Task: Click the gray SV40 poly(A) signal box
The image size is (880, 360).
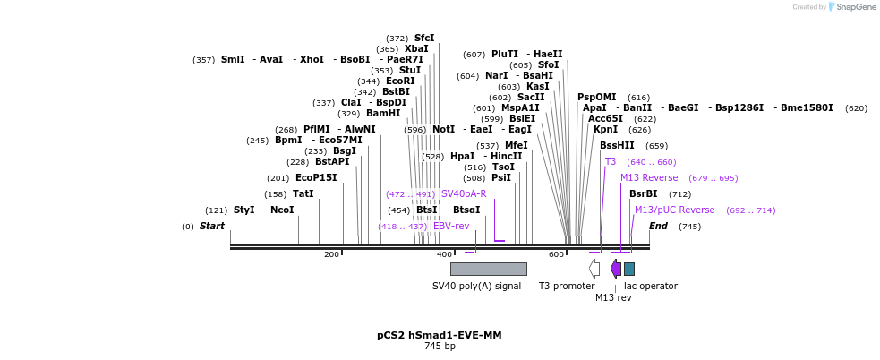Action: point(488,269)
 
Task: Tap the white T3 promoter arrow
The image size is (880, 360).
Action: point(594,268)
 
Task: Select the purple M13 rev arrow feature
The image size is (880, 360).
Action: point(616,268)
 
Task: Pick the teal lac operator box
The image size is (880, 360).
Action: point(629,269)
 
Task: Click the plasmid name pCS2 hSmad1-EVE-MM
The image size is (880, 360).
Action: point(439,335)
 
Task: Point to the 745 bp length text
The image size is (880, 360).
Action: point(440,347)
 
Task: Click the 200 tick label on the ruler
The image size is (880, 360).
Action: point(332,255)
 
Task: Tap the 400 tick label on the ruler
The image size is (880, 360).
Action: point(444,255)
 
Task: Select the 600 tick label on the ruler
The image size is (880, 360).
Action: point(557,255)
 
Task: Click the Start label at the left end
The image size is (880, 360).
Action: point(212,227)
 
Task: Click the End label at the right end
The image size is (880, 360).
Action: point(658,227)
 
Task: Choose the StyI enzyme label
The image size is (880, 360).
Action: point(244,210)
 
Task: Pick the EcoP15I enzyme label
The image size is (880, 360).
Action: point(316,178)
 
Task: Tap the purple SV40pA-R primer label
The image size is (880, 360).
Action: point(464,194)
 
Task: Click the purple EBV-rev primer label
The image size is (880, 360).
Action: point(451,227)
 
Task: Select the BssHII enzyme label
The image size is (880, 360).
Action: point(617,146)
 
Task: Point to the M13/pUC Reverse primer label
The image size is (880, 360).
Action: point(674,210)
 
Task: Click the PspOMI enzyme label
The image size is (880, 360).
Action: point(596,98)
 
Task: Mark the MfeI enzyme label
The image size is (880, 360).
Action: point(517,146)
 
